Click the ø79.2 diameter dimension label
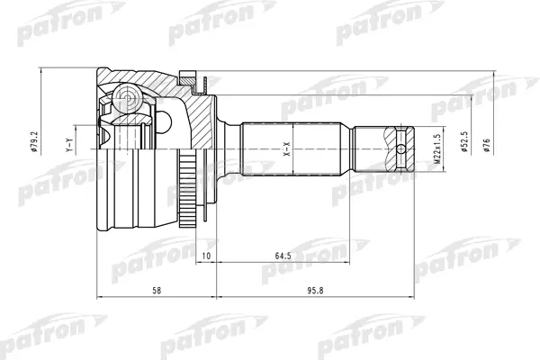click(x=33, y=141)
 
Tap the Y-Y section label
click(x=69, y=145)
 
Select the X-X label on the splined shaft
click(x=287, y=148)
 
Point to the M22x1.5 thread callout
click(x=437, y=148)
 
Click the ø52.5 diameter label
click(x=465, y=142)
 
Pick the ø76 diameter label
click(x=486, y=146)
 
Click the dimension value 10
click(x=206, y=256)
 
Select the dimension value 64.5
click(x=283, y=256)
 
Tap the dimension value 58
click(x=157, y=291)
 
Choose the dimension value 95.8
click(x=315, y=291)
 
